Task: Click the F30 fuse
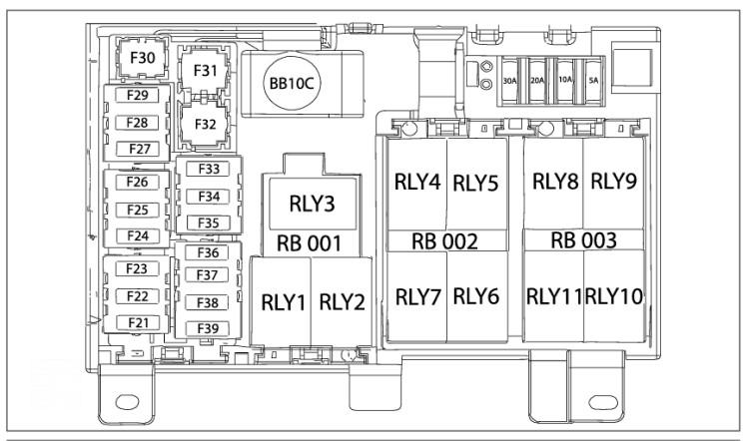click(x=142, y=58)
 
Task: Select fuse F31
click(x=205, y=71)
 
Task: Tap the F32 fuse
click(x=205, y=124)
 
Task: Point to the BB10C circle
click(x=292, y=84)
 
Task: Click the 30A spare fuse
click(x=509, y=81)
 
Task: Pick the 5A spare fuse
click(x=593, y=81)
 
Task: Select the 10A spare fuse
click(x=565, y=81)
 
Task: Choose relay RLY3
click(x=313, y=204)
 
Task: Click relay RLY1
click(x=282, y=301)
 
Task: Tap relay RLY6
click(x=476, y=296)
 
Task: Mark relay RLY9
click(x=613, y=182)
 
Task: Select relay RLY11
click(x=553, y=296)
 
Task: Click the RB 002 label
click(x=444, y=241)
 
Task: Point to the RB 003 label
click(x=583, y=240)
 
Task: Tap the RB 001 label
click(x=310, y=243)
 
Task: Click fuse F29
click(x=137, y=95)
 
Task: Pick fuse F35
click(x=209, y=222)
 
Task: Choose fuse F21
click(x=138, y=323)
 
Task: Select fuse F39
click(x=208, y=328)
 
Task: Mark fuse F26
click(x=137, y=182)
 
